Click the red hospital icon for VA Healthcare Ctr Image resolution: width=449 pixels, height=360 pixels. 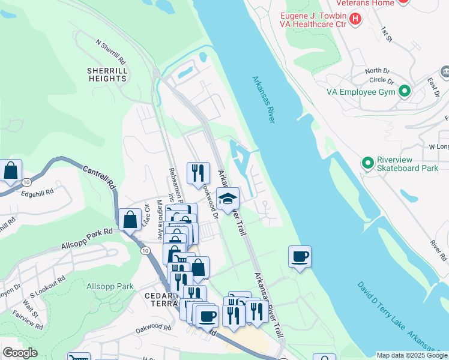coord(355,19)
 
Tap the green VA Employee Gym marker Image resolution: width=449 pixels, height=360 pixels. coord(405,92)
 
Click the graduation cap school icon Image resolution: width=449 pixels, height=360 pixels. coord(228,200)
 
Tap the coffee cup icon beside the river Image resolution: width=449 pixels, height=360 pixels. coord(300,257)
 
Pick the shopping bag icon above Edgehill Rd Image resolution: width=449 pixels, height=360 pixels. coord(11,172)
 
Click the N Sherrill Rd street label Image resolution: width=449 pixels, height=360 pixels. coord(110,52)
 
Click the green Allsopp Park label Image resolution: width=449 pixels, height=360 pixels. coord(110,286)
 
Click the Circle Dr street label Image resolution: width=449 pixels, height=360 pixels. coord(381,80)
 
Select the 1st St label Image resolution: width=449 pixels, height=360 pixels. coord(386,34)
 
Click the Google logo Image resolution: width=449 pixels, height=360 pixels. coord(20,353)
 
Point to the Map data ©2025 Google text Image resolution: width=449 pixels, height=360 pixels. coord(411,355)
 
